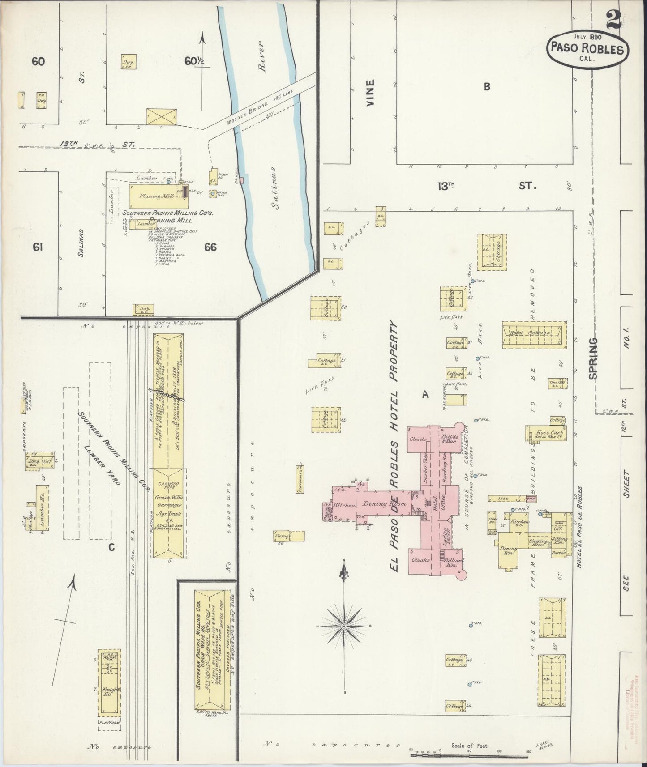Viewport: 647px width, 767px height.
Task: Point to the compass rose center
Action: [343, 625]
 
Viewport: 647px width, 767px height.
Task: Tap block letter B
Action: [486, 87]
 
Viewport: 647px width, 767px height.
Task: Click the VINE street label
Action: [370, 93]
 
